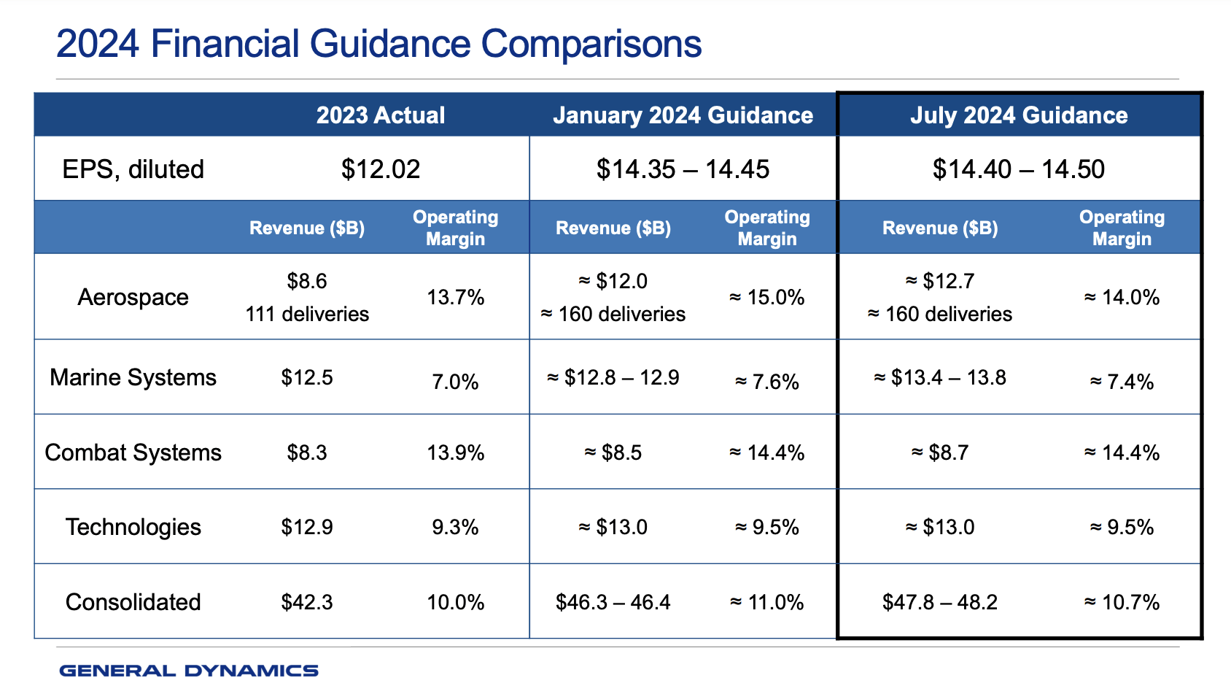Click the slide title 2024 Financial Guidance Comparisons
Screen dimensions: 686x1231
click(378, 44)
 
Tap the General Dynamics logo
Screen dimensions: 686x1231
click(188, 671)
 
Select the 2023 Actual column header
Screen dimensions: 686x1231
click(380, 115)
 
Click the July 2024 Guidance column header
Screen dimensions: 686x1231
click(1018, 115)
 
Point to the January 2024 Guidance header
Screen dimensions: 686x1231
click(683, 115)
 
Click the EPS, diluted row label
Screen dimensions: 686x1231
click(133, 169)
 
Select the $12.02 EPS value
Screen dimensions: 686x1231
click(380, 169)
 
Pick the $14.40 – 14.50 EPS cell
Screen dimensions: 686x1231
click(1018, 169)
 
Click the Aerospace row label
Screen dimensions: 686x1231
click(133, 297)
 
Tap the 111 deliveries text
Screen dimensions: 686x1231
click(307, 314)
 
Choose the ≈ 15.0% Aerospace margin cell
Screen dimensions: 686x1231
click(766, 297)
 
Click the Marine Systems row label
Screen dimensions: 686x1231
click(133, 377)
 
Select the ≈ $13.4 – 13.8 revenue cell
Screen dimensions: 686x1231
click(939, 377)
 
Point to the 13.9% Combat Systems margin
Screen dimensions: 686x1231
click(455, 452)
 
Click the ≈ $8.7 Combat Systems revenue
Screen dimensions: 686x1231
click(939, 452)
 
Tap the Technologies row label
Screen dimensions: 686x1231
click(133, 527)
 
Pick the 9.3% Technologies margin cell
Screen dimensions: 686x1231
click(455, 527)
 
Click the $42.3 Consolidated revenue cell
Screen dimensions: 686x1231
click(307, 602)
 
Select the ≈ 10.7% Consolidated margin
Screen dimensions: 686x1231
click(1122, 602)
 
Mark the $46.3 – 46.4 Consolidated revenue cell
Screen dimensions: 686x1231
click(613, 602)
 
